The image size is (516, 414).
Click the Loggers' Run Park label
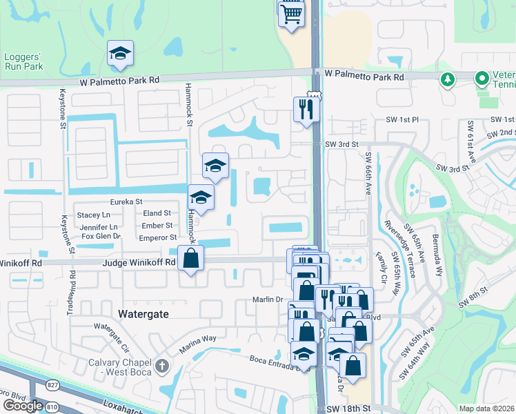tap(23, 61)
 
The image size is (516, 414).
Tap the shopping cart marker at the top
tap(292, 13)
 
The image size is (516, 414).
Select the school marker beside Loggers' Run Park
tap(120, 54)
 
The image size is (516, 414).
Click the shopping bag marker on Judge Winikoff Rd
tap(191, 259)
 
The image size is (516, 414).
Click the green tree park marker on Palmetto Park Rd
tap(447, 79)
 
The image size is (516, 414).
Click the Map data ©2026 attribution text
tap(486, 408)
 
